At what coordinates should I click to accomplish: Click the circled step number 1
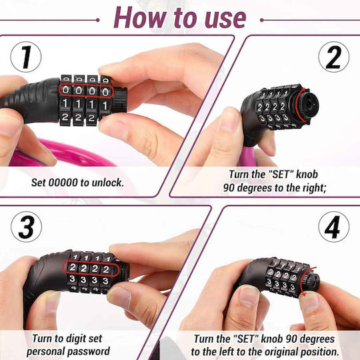[x=26, y=57]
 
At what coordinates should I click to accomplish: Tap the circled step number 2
[x=333, y=57]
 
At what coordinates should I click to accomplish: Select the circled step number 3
[x=26, y=227]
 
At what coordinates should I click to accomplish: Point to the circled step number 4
[x=333, y=227]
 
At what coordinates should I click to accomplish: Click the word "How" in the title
[x=140, y=18]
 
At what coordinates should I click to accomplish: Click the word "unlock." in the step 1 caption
[x=108, y=183]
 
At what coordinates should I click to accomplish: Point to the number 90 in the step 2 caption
[x=229, y=188]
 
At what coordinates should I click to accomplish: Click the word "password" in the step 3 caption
[x=89, y=351]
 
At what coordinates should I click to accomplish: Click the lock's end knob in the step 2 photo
[x=308, y=106]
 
